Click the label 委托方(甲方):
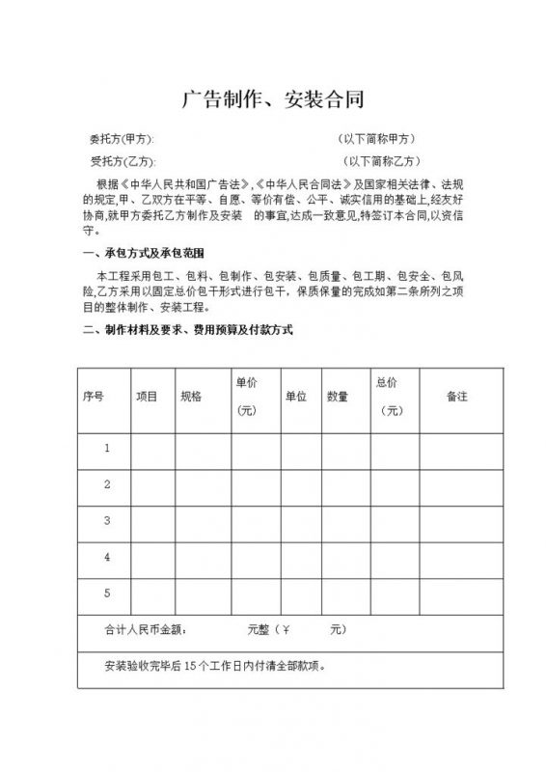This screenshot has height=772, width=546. pyautogui.click(x=121, y=139)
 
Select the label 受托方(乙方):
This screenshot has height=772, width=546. pyautogui.click(x=122, y=161)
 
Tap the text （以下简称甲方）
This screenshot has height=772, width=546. pyautogui.click(x=377, y=139)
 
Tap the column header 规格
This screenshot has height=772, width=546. pyautogui.click(x=190, y=397)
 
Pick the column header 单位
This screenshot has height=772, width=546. pyautogui.click(x=295, y=397)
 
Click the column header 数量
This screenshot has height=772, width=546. pyautogui.click(x=337, y=397)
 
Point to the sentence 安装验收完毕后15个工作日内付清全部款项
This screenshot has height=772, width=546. pyautogui.click(x=220, y=667)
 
